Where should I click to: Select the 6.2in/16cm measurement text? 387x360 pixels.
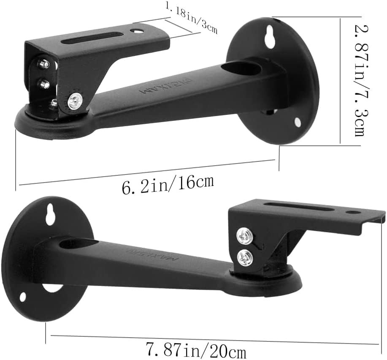click(x=167, y=185)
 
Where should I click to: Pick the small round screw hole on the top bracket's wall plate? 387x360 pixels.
click(x=298, y=122)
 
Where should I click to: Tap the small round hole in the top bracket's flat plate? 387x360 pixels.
click(x=136, y=31)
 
